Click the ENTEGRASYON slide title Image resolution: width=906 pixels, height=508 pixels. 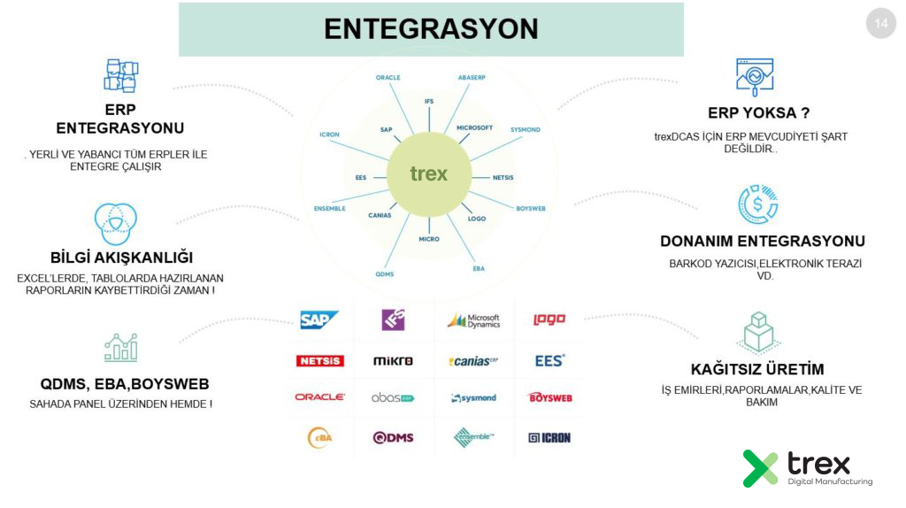pyautogui.click(x=431, y=29)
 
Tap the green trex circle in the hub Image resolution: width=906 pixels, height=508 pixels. pyautogui.click(x=428, y=173)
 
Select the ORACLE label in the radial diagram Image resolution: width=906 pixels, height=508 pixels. pyautogui.click(x=388, y=78)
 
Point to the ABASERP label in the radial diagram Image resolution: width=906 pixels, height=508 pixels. pyautogui.click(x=474, y=78)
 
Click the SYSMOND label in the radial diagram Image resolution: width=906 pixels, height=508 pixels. pyautogui.click(x=525, y=130)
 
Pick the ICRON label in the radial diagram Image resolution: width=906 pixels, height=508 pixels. pyautogui.click(x=329, y=135)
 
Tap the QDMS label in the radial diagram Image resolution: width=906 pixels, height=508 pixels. pyautogui.click(x=385, y=273)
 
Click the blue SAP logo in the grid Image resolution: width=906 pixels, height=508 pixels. pyautogui.click(x=319, y=319)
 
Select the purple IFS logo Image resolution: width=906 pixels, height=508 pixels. pyautogui.click(x=393, y=319)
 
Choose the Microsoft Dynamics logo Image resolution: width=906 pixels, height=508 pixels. pyautogui.click(x=473, y=320)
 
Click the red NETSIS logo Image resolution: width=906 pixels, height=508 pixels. pyautogui.click(x=319, y=361)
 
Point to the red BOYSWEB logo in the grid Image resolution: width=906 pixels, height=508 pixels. pyautogui.click(x=550, y=398)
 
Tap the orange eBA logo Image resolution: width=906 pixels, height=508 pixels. pyautogui.click(x=319, y=437)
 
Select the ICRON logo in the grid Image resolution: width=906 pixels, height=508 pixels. pyautogui.click(x=549, y=437)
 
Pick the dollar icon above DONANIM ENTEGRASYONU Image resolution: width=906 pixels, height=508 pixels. pyautogui.click(x=757, y=204)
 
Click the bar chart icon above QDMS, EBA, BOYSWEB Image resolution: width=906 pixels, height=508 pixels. pyautogui.click(x=120, y=347)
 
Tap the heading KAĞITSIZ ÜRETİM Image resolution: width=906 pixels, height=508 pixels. pyautogui.click(x=757, y=369)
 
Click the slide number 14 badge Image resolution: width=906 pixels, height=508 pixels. pyautogui.click(x=880, y=24)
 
